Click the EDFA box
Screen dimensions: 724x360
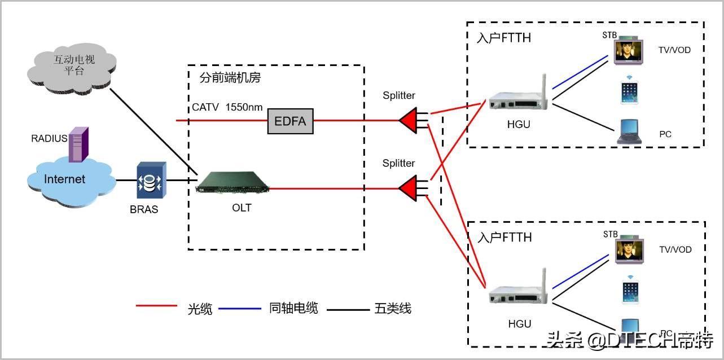point(290,121)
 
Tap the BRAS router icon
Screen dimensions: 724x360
point(151,180)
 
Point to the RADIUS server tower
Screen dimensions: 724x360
point(78,144)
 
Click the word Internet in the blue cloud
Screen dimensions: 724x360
point(65,179)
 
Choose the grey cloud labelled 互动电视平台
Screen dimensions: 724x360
point(72,69)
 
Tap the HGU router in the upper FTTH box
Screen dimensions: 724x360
point(519,97)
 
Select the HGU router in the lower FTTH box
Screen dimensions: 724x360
point(519,290)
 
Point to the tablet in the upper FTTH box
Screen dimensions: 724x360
point(629,93)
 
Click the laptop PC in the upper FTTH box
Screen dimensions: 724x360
point(629,131)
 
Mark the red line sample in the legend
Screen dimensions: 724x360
point(156,305)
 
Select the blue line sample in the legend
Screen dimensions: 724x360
point(239,309)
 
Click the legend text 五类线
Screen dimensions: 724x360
point(393,308)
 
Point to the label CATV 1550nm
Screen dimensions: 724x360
point(227,107)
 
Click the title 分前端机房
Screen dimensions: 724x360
point(230,77)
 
